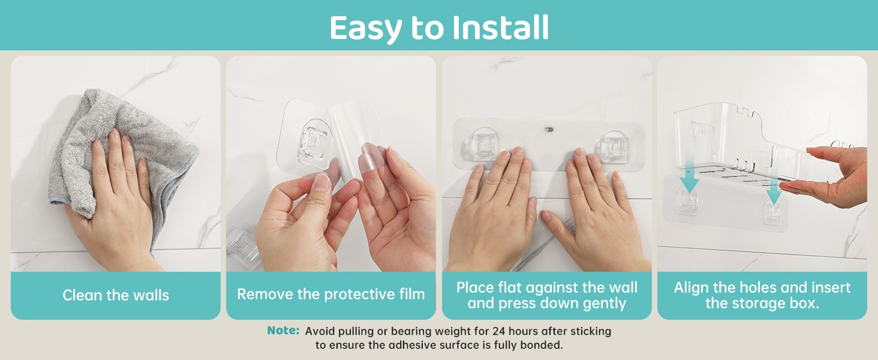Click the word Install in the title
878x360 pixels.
point(500,27)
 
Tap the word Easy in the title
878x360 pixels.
point(366,28)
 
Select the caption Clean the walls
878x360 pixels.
point(116,295)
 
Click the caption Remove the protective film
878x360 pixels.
point(331,294)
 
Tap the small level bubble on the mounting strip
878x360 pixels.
point(549,128)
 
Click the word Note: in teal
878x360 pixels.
point(283,330)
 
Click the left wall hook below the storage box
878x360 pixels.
point(688,202)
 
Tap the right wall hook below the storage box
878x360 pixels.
point(773,214)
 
